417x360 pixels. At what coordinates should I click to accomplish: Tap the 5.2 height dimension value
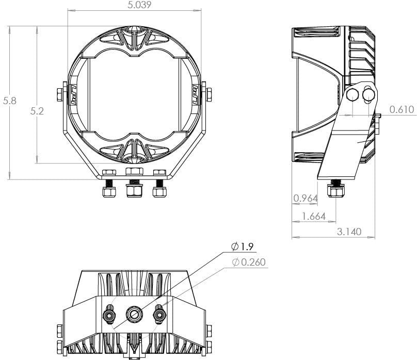tap(37, 110)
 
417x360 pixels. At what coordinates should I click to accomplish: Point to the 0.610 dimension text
tap(403, 109)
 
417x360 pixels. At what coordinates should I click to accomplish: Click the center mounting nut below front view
tap(135, 191)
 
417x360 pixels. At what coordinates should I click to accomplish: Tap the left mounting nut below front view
tap(109, 192)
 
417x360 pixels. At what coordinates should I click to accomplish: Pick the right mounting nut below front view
tap(159, 192)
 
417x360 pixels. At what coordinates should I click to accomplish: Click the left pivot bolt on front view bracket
tap(58, 95)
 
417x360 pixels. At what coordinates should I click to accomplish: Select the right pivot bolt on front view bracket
tap(208, 95)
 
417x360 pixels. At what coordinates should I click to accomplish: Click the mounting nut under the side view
tap(336, 192)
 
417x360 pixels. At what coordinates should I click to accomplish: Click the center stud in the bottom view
tap(134, 313)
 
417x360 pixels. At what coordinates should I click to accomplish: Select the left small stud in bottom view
tap(109, 313)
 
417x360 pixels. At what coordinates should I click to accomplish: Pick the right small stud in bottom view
tap(159, 313)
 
